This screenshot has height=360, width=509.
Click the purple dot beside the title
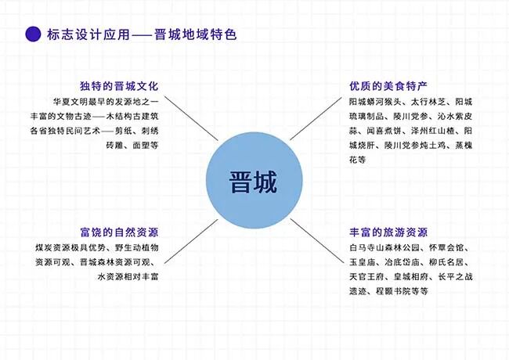(x=34, y=34)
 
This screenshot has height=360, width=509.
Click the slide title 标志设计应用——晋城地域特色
(x=141, y=34)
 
